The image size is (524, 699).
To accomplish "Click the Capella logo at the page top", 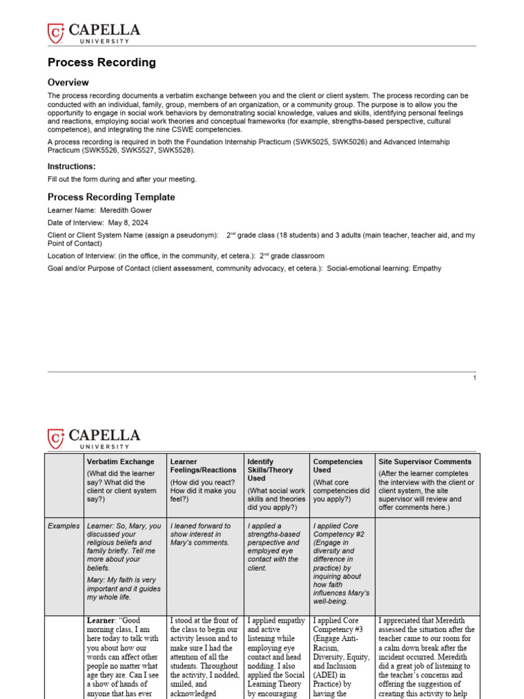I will [93, 33].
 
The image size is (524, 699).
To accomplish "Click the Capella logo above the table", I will [93, 438].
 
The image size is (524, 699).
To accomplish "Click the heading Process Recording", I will [102, 63].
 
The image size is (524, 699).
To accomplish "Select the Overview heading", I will [68, 83].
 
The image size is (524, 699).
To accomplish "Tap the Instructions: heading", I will [72, 167].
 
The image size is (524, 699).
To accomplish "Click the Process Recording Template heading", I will [111, 197].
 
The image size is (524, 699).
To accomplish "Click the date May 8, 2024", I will [126, 223].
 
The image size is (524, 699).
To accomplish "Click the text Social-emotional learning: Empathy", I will [384, 268].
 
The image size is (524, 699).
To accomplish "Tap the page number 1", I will [474, 378].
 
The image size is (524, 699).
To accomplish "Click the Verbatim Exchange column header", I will [120, 462].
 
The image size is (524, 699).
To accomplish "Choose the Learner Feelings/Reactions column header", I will [203, 466].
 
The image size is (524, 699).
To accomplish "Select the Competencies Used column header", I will [338, 466].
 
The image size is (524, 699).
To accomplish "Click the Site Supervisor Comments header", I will [424, 462].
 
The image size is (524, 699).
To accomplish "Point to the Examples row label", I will [63, 526].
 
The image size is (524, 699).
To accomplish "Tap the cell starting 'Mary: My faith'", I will [121, 588].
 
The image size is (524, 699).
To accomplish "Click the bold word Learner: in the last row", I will [104, 620].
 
